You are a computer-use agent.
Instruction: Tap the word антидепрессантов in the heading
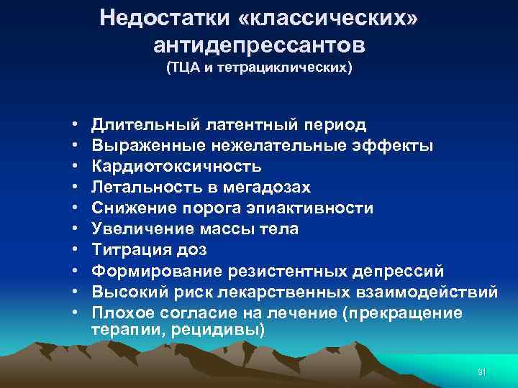coord(259,45)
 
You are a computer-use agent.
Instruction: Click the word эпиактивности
coord(311,208)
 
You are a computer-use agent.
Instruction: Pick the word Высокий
coord(127,292)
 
